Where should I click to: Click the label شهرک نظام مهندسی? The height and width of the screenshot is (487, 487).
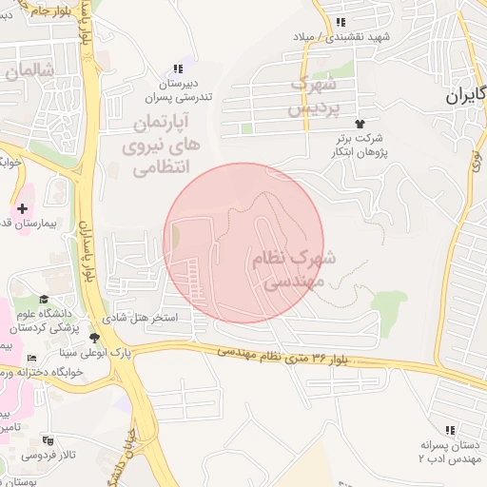tap(293, 269)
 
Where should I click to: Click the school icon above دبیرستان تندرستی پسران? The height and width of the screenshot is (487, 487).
tap(177, 68)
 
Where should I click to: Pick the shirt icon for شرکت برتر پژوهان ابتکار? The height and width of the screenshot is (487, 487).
tap(360, 125)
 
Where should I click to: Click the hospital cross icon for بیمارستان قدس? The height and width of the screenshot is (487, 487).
tap(22, 207)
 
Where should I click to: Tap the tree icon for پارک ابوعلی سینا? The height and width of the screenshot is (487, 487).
tap(93, 338)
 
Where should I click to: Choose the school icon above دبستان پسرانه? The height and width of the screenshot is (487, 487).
tap(450, 430)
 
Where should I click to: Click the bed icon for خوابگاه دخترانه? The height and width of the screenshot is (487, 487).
tap(32, 358)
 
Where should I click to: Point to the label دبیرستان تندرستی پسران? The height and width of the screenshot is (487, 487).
tap(177, 89)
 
